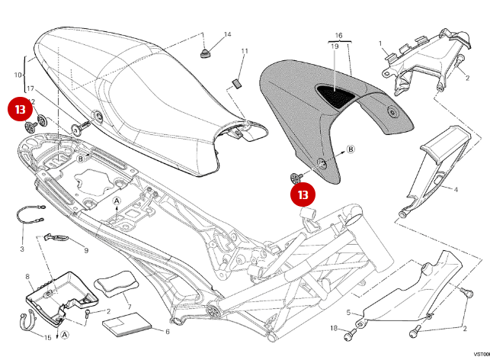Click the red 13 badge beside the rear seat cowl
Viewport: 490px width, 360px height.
click(303, 194)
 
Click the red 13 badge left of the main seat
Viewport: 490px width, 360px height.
click(19, 109)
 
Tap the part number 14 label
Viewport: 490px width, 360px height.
click(227, 35)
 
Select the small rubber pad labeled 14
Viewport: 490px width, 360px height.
click(204, 52)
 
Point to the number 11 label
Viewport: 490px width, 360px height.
click(245, 51)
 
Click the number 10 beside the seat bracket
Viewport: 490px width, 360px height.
click(18, 75)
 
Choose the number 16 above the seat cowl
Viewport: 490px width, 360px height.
click(338, 35)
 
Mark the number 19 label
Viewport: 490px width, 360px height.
click(335, 47)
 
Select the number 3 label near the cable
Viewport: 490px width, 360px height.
click(22, 249)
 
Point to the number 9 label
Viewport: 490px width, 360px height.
click(85, 250)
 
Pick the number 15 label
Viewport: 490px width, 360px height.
click(47, 336)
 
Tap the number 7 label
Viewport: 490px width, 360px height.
click(130, 307)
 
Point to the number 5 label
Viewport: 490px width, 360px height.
click(348, 313)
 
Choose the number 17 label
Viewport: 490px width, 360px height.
click(30, 88)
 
